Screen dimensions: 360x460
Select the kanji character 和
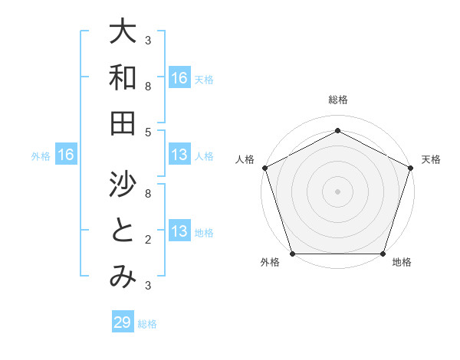[x=123, y=78]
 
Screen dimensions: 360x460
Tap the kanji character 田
[x=123, y=123]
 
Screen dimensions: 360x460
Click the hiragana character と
[x=123, y=231]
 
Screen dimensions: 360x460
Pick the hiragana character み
[x=123, y=277]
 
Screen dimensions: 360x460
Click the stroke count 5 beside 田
[x=148, y=133]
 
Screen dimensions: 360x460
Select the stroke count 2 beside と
[x=148, y=240]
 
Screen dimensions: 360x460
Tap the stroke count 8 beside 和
[x=148, y=87]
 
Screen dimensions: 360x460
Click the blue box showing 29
[x=123, y=322]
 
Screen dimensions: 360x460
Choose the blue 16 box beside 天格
[x=179, y=78]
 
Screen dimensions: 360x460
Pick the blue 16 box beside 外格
[x=66, y=155]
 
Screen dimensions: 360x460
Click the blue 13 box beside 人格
[x=179, y=155]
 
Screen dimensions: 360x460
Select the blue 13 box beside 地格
[x=179, y=232]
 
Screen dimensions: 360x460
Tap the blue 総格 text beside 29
[x=147, y=324]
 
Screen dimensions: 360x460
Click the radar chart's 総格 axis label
[x=337, y=100]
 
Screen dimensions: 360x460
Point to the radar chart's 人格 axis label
[x=245, y=159]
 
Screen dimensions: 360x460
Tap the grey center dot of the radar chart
[x=337, y=191]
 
